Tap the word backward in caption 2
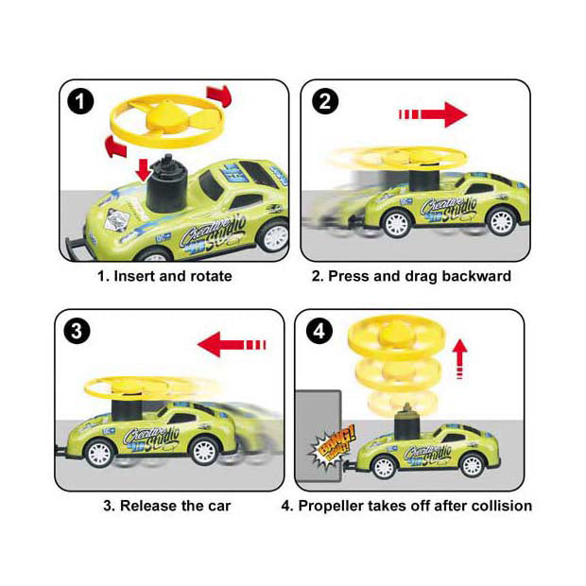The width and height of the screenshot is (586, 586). coord(476,277)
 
